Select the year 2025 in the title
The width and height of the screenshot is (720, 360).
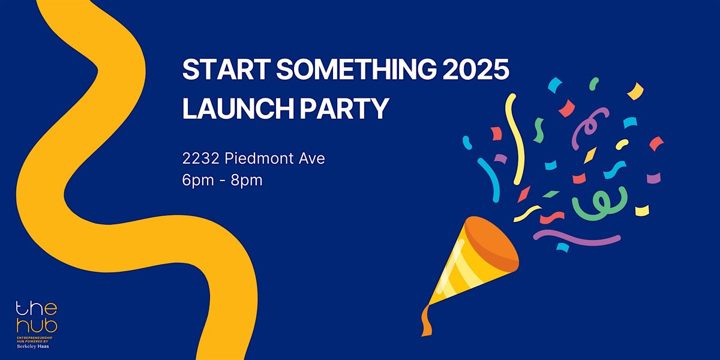tap(476, 69)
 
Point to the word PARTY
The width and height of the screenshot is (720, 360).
tap(344, 109)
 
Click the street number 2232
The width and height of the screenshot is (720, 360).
tap(201, 158)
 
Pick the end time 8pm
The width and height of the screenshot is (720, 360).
tap(247, 181)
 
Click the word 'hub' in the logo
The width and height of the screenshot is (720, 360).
tap(37, 325)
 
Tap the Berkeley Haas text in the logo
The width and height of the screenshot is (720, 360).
tap(33, 347)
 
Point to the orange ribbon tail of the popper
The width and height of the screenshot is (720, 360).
tap(426, 321)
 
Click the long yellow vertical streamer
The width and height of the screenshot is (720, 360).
tap(517, 138)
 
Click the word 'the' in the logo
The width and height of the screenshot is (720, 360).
tap(37, 308)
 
